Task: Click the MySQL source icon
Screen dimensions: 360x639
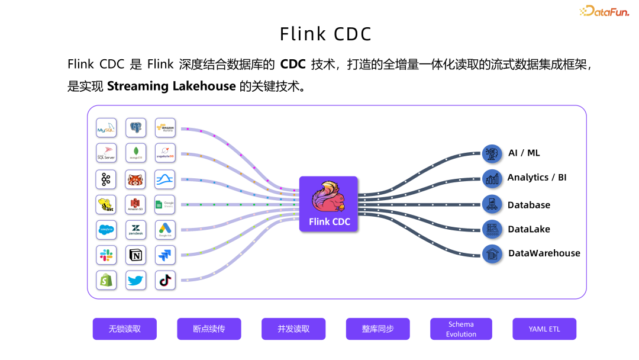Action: coord(106,128)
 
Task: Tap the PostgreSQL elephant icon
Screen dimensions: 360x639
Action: coord(135,128)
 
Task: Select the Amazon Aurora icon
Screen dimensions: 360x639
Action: coord(165,128)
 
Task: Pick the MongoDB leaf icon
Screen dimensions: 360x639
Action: coord(135,153)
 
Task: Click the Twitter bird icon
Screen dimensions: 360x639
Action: coord(135,280)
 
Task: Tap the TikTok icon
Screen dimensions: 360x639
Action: coord(165,280)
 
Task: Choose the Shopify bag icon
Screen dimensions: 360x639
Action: coord(106,280)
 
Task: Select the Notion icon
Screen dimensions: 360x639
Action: coord(135,255)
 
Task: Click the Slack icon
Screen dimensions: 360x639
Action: coord(106,255)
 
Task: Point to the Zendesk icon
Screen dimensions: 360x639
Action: coord(135,230)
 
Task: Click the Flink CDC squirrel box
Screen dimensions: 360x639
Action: coord(328,204)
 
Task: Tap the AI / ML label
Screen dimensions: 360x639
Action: coord(524,153)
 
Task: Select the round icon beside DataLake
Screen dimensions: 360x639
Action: coord(492,229)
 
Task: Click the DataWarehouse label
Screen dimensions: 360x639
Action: coord(544,253)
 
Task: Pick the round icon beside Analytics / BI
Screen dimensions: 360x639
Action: coord(492,178)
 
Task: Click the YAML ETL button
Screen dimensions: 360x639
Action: coord(544,329)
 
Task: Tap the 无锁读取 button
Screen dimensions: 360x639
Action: coord(124,329)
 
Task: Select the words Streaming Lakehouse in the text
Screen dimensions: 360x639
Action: coord(172,86)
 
